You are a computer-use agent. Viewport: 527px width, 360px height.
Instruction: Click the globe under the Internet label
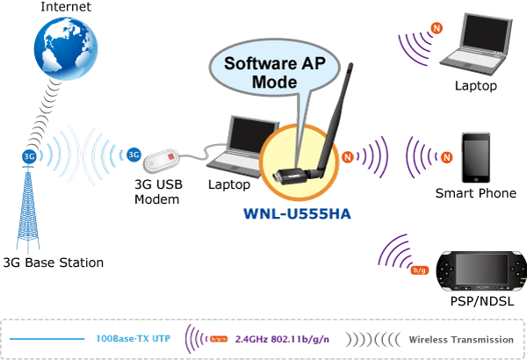(x=66, y=48)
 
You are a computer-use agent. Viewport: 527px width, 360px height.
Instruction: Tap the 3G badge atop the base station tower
(x=29, y=156)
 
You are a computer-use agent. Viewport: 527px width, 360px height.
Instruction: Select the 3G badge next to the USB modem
(x=134, y=155)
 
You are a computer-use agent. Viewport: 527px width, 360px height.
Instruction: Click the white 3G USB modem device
(x=161, y=161)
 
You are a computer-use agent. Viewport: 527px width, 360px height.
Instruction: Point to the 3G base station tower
(x=28, y=209)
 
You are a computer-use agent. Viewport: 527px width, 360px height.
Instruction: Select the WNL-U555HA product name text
(x=297, y=213)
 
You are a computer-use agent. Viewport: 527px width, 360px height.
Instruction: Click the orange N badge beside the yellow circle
(x=348, y=156)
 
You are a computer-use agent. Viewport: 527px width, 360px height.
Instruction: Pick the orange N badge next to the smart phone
(x=447, y=157)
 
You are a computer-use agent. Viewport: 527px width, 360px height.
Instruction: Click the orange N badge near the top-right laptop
(x=437, y=28)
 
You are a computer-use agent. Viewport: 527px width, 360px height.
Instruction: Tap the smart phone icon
(x=475, y=158)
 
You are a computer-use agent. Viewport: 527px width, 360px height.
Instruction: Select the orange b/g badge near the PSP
(x=420, y=270)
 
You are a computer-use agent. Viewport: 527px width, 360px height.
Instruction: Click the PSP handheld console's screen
(x=481, y=269)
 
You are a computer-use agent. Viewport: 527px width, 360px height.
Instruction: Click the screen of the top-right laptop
(x=486, y=33)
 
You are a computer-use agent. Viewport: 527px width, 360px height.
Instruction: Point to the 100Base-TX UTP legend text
(x=134, y=338)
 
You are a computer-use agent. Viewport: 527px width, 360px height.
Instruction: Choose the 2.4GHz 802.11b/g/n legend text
(x=282, y=339)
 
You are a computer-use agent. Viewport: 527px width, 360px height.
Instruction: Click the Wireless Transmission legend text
(x=461, y=340)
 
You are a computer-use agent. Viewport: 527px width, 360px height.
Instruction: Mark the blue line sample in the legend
(x=47, y=339)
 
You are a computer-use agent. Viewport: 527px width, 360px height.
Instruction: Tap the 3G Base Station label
(x=54, y=263)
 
